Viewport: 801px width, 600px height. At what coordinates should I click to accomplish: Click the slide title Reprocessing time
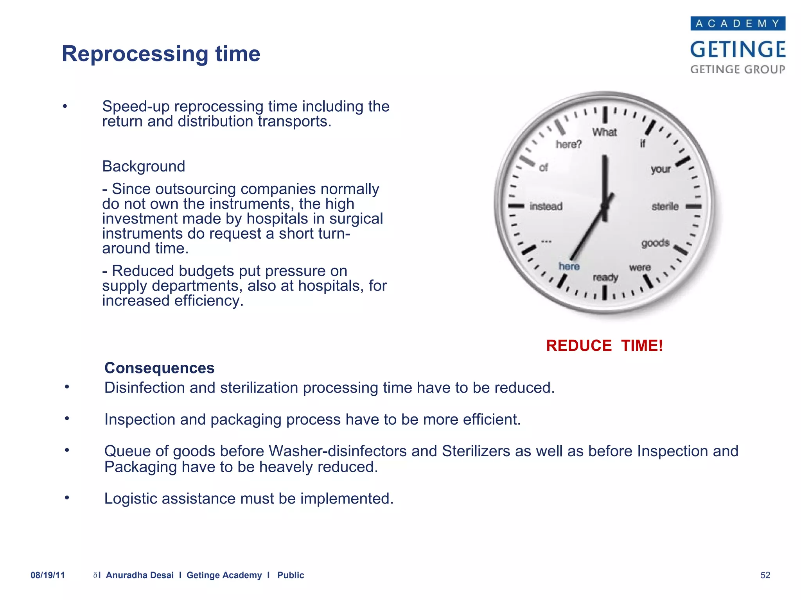point(161,54)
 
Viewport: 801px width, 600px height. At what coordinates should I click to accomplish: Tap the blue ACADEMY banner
point(738,23)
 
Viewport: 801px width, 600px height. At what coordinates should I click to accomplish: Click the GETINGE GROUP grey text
point(738,70)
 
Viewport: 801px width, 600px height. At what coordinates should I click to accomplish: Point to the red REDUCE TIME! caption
point(604,346)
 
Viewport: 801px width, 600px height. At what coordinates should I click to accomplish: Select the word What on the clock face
point(604,132)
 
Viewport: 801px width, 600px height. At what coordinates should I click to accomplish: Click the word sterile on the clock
point(665,206)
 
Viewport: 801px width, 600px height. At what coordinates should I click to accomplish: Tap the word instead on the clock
point(546,206)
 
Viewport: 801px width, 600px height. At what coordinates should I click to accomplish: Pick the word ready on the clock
point(605,278)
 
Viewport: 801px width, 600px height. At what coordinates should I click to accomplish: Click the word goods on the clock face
point(656,243)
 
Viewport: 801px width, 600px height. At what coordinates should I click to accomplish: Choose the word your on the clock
point(661,170)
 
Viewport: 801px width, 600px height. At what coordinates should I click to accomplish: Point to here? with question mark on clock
point(569,145)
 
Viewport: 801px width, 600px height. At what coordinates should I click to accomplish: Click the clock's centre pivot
point(605,206)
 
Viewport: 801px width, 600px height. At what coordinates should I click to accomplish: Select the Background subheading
point(144,166)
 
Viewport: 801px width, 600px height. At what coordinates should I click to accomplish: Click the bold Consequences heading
point(160,368)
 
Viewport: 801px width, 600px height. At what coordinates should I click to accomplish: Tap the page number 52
point(765,575)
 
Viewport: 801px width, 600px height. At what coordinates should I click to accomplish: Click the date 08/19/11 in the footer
point(48,575)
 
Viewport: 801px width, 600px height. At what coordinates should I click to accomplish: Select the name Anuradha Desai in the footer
point(140,575)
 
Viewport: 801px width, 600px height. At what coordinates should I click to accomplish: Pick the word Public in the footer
point(291,575)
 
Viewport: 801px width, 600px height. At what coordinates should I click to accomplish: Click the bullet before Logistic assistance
point(67,498)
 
